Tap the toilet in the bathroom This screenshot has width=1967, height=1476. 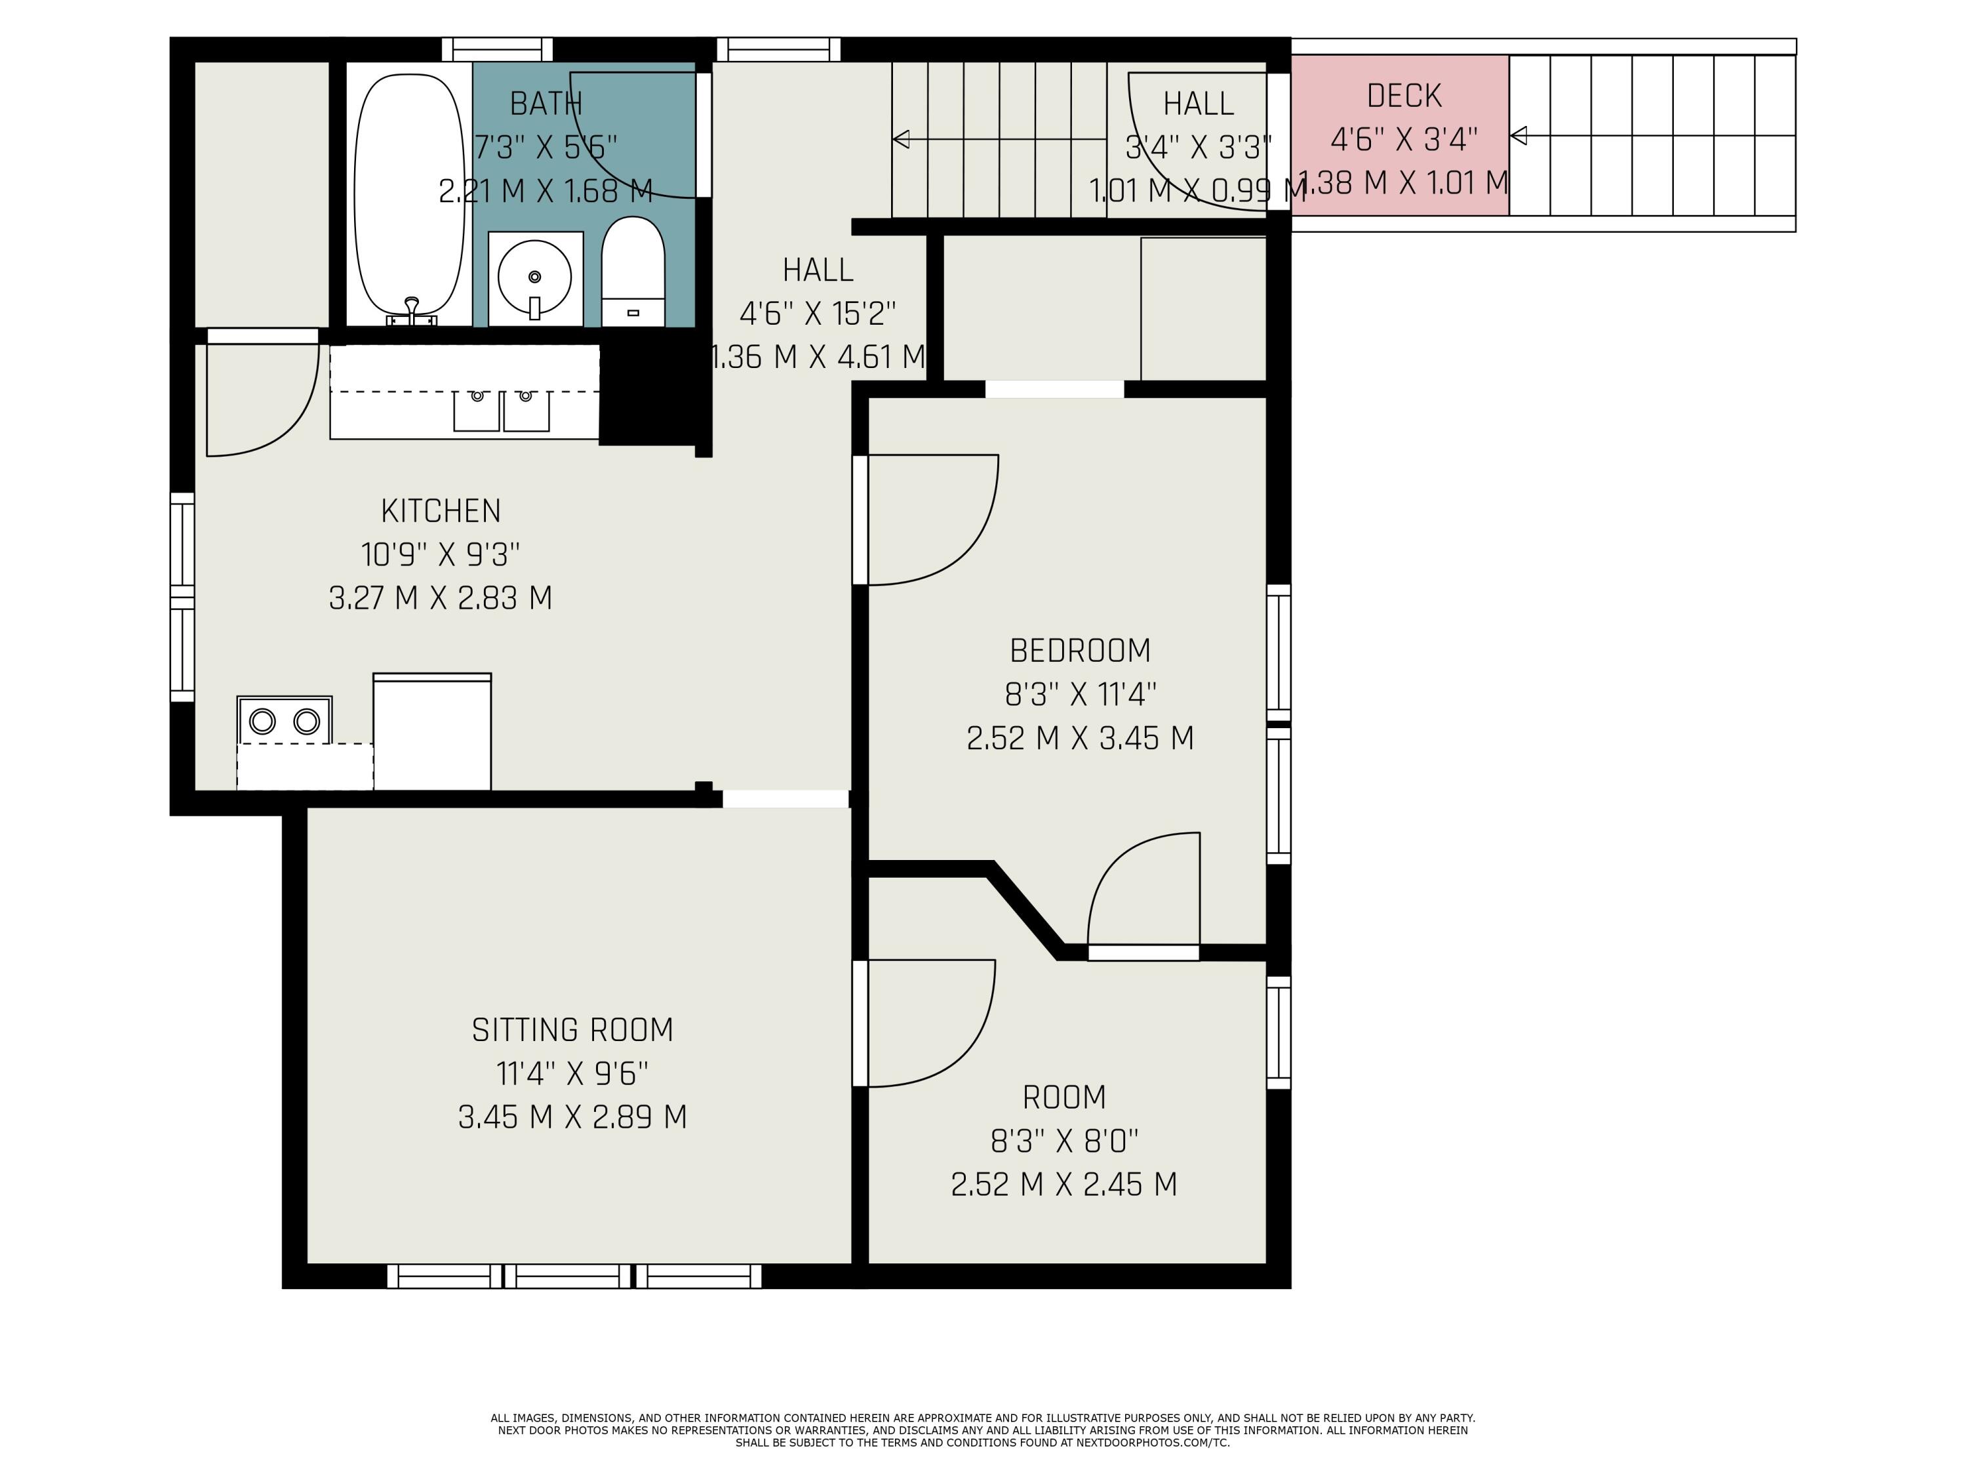(633, 272)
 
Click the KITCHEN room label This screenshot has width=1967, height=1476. (441, 510)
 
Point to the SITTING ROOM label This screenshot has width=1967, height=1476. (572, 1029)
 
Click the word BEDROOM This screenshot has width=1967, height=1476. (1081, 650)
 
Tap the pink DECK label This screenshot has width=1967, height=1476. (1404, 95)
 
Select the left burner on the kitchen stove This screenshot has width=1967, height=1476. (262, 721)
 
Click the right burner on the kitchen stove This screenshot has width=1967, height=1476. (307, 721)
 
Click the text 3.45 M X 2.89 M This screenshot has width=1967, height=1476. (572, 1117)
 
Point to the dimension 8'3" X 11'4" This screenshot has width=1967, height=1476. (1081, 694)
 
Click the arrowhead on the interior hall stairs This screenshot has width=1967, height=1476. (901, 139)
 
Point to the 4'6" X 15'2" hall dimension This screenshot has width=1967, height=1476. (818, 313)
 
